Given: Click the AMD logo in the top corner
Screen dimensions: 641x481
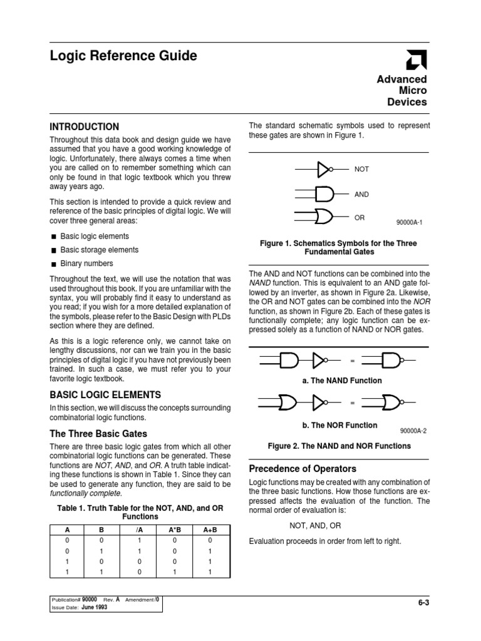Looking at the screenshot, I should tap(416, 59).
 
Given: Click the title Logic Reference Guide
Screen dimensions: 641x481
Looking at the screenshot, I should tap(123, 56).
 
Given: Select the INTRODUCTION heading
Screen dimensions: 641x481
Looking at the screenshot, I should tap(84, 126).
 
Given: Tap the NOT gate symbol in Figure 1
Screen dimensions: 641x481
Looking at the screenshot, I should tap(323, 169).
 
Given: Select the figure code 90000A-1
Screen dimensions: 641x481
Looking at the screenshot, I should tap(410, 222).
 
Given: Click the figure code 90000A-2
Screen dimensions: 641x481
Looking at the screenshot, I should tap(413, 431).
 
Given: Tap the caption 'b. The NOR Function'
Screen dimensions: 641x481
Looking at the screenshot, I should tap(339, 425).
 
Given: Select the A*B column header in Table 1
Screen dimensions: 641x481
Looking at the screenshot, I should tap(175, 530).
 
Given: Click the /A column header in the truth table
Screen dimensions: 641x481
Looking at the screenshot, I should tap(139, 530).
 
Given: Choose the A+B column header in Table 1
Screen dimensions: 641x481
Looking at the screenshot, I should tap(210, 530).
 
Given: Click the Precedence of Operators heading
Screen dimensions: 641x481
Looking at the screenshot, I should tap(303, 468).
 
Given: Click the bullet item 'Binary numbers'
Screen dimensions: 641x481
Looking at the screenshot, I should tap(86, 264).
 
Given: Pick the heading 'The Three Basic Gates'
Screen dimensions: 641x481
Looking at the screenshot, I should tap(98, 433).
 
